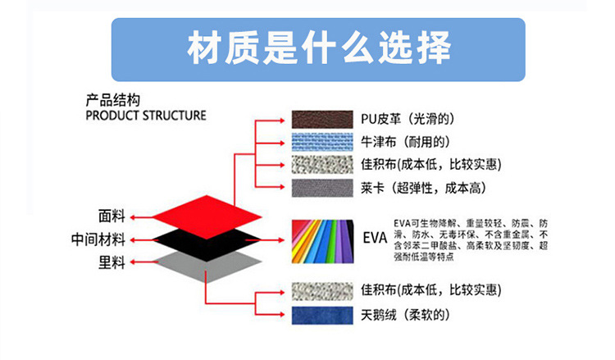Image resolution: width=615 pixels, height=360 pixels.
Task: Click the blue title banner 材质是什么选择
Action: coord(318,49)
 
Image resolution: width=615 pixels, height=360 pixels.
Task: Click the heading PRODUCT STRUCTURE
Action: coord(146,116)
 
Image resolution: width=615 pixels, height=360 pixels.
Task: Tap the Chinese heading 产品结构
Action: coord(113,100)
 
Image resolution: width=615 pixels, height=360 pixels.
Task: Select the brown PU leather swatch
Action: coord(322,119)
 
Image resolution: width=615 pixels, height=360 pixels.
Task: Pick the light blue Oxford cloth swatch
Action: coord(322,142)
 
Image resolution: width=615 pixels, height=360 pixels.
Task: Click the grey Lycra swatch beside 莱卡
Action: coord(322,188)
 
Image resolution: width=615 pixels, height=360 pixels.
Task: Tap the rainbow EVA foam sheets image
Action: coord(322,241)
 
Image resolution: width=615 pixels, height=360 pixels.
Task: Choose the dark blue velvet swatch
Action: coord(322,315)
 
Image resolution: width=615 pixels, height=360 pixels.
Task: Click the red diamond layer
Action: coord(207,216)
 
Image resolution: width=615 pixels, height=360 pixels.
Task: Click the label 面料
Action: coord(112,216)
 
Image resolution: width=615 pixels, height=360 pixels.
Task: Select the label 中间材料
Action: coord(98,239)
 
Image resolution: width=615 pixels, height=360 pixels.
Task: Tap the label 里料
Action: coord(112,262)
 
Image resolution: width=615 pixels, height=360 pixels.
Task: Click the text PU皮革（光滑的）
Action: coord(408,119)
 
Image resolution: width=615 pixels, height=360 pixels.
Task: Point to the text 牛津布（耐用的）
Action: coord(406,142)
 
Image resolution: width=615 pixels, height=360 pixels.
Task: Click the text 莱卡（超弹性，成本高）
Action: coord(424,188)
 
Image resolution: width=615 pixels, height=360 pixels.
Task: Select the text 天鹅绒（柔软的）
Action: coord(406,315)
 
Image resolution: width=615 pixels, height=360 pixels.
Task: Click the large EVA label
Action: coord(375,238)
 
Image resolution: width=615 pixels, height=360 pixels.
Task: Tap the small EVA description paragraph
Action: coord(471,240)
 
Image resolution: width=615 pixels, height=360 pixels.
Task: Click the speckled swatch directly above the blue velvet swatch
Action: coord(322,291)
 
